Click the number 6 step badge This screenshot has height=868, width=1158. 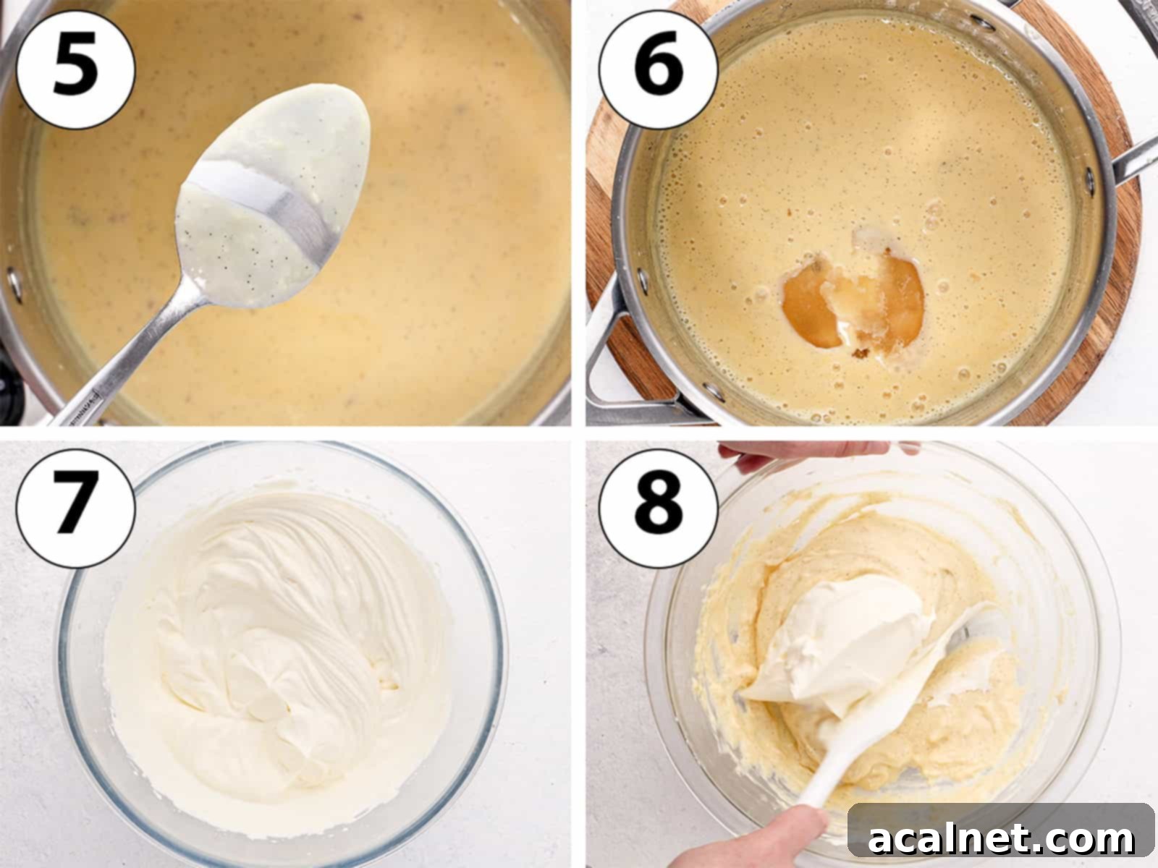point(658,69)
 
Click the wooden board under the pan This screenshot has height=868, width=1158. point(1107,304)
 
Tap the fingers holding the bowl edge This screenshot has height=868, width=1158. point(796,452)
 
